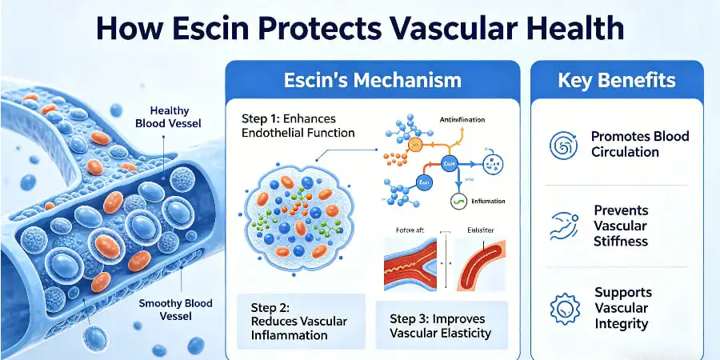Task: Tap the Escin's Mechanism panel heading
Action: tap(373, 80)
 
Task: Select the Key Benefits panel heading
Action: tap(616, 80)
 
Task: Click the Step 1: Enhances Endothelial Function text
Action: tap(298, 126)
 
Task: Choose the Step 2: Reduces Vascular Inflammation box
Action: tap(301, 321)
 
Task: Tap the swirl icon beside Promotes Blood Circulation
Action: tap(564, 145)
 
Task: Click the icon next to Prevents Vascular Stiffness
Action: tap(564, 226)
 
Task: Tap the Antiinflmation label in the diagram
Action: tap(463, 120)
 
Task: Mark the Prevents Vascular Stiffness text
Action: tap(621, 226)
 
